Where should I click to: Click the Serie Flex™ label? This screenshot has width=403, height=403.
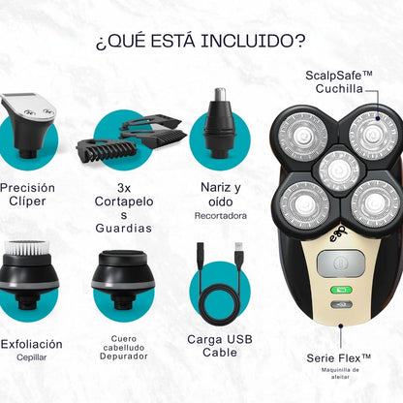coord(338,358)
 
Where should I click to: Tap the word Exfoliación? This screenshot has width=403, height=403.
coord(32,344)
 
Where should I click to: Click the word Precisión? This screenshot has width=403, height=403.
coord(28,187)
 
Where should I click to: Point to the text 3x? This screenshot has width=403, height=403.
coord(123,187)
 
